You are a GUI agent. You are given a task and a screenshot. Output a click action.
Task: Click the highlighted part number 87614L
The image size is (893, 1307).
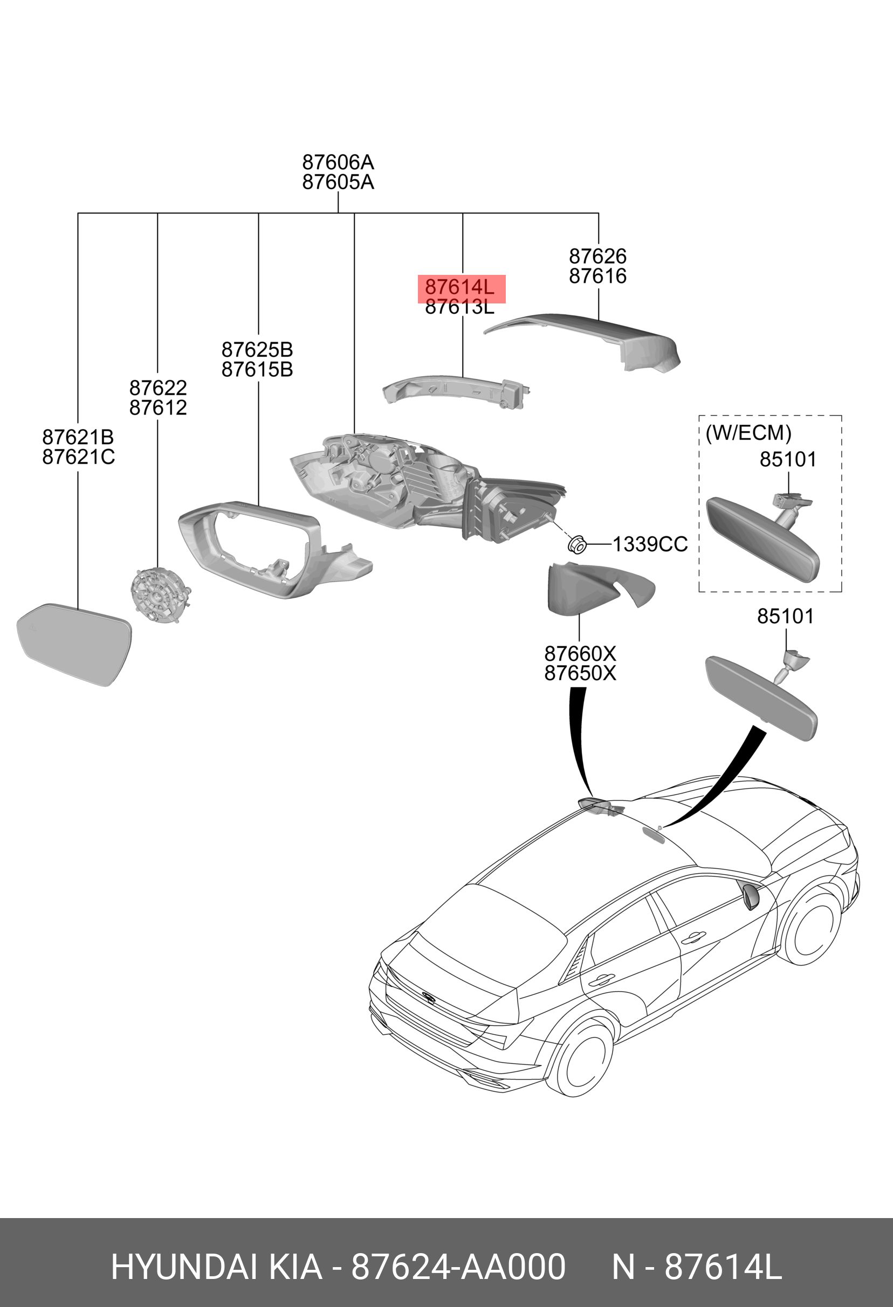pos(460,287)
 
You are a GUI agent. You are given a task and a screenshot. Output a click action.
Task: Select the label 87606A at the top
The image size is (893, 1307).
pos(338,163)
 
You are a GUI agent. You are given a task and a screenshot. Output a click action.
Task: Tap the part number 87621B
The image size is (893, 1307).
pos(78,437)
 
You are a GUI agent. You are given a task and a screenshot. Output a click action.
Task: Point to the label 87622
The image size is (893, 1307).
pos(157,388)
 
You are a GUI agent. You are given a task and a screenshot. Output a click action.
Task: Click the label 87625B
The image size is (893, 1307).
pos(257,350)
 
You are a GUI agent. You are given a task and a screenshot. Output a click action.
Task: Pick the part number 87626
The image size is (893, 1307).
pos(597,257)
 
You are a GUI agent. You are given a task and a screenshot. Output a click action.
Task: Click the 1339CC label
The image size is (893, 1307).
pos(650,544)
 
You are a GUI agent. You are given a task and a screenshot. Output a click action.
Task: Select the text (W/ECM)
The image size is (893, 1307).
pos(748,433)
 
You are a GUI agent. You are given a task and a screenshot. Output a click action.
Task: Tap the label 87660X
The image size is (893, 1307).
pos(580,653)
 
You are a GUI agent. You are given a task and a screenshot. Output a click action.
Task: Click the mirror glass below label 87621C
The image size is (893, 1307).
pos(75,645)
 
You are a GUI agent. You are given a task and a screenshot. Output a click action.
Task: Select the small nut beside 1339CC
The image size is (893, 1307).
pos(578,544)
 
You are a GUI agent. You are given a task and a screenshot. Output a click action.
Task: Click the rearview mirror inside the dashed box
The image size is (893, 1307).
pos(763,538)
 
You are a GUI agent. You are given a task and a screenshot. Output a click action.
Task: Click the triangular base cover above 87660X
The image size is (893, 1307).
pos(591,588)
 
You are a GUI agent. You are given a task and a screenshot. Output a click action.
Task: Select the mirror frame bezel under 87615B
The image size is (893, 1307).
pos(253,548)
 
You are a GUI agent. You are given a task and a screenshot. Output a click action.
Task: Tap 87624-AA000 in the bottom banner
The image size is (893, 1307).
pos(458,1268)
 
